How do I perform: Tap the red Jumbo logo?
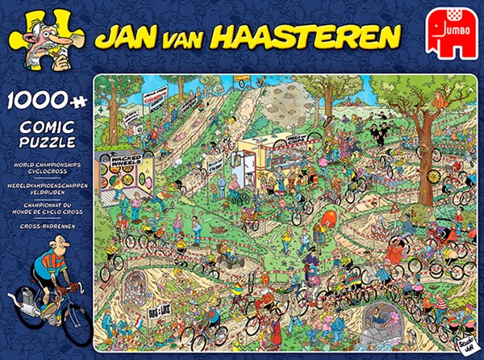(449, 36)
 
